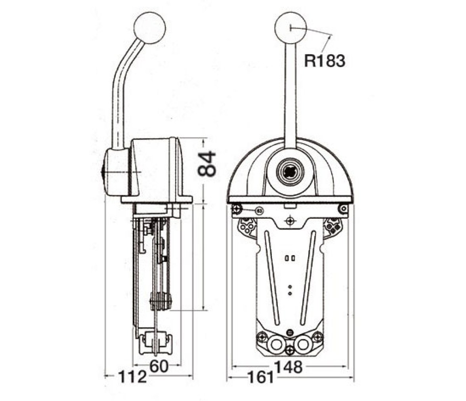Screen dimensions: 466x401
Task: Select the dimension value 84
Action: click(206, 164)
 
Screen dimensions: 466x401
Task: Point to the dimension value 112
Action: click(132, 376)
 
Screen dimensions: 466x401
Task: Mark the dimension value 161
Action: click(260, 377)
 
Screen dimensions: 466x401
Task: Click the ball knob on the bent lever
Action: click(149, 28)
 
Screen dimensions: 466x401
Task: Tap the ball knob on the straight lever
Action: click(290, 28)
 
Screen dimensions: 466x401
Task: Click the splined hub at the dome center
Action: click(289, 171)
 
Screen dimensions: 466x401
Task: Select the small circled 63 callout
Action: click(260, 211)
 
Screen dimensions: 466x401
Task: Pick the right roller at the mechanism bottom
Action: click(303, 345)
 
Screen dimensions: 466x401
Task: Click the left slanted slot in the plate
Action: click(272, 278)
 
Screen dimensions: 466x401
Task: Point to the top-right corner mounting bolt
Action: click(344, 209)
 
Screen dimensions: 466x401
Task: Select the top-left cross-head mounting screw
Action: click(237, 209)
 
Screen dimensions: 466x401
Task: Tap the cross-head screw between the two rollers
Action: click(290, 350)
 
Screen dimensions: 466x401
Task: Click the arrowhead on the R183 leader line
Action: click(330, 36)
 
